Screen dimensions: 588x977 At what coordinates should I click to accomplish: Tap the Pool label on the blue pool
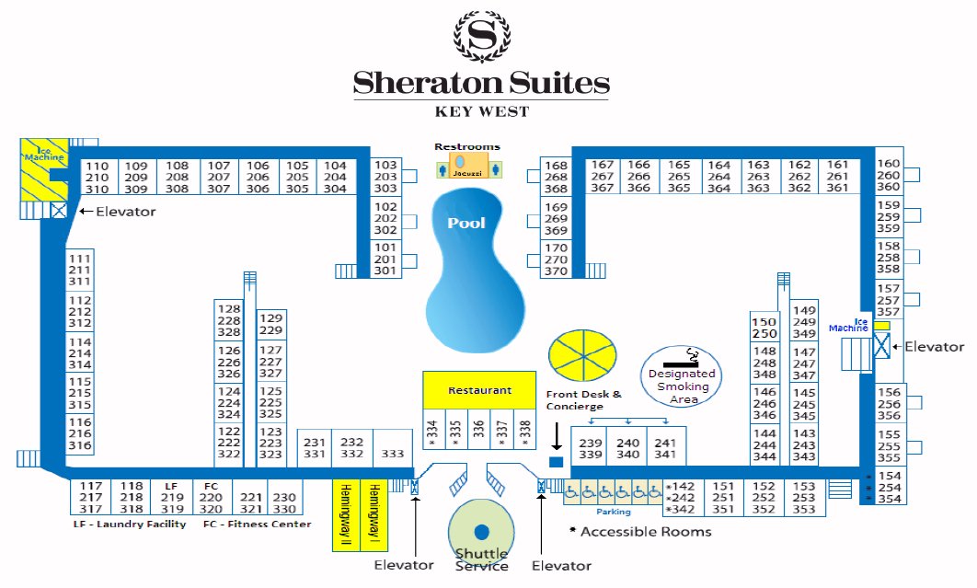click(x=466, y=223)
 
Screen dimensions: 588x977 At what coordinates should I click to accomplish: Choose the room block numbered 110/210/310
click(x=97, y=177)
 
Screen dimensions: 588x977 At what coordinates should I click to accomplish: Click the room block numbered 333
click(x=393, y=453)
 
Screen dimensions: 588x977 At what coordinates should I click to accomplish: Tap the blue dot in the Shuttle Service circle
click(x=481, y=531)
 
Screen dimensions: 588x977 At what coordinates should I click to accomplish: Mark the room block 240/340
click(x=628, y=448)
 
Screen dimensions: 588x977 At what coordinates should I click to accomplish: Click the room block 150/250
click(x=765, y=328)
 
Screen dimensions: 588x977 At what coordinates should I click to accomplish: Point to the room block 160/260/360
click(x=889, y=175)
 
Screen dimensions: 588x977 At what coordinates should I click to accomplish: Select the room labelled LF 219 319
click(x=172, y=497)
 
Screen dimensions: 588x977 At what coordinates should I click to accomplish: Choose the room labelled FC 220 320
click(x=211, y=497)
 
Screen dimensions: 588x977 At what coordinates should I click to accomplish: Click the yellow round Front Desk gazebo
click(x=581, y=355)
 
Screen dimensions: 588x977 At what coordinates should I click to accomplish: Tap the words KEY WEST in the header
click(x=481, y=111)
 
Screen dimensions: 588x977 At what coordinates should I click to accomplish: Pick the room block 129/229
click(x=271, y=324)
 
